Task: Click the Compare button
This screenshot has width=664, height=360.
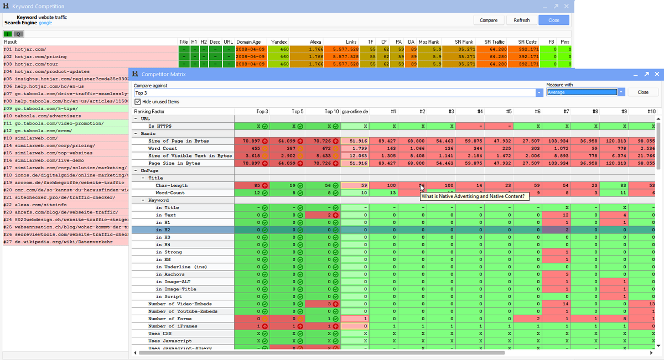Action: (489, 20)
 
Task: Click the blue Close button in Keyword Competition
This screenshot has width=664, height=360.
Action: (553, 20)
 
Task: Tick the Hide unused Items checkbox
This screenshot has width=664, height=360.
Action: (138, 102)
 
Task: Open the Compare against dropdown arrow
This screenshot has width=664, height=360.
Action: (539, 93)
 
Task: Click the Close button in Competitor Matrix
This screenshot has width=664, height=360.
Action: (642, 92)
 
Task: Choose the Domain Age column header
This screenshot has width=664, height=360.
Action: (248, 41)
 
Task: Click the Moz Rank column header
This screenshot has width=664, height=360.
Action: (429, 41)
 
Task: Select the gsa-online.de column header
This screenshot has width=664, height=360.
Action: (355, 111)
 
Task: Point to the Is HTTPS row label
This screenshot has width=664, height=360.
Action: (163, 127)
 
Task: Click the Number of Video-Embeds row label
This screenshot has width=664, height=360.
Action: (179, 304)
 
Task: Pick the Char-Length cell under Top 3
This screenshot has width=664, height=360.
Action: (252, 185)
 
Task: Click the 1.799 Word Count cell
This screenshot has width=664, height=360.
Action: (355, 149)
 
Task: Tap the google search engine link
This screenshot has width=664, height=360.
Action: (45, 23)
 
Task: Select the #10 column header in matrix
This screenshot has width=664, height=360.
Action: (651, 111)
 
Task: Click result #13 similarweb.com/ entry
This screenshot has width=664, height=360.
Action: (30, 138)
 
